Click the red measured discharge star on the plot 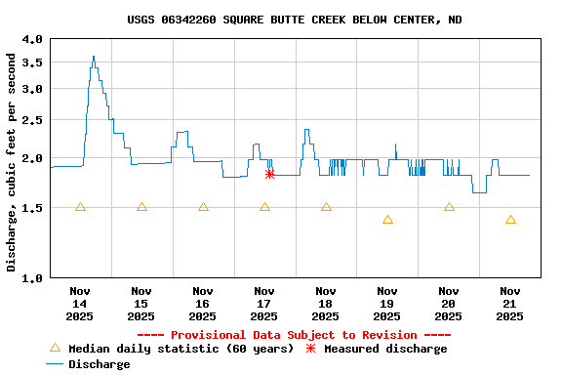269,174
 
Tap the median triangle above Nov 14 80,207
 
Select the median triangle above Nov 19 387,220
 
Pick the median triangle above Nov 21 510,220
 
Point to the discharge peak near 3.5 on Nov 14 94,57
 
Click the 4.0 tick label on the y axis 32,39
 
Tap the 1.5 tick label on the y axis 32,208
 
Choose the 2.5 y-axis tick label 32,121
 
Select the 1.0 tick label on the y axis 32,278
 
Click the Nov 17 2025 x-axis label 264,303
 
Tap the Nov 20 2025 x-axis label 449,303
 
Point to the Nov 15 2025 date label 141,303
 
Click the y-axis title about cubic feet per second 12,162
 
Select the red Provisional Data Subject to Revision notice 294,335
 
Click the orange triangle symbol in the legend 55,348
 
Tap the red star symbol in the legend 311,349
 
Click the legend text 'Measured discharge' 385,349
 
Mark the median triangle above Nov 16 203,207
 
